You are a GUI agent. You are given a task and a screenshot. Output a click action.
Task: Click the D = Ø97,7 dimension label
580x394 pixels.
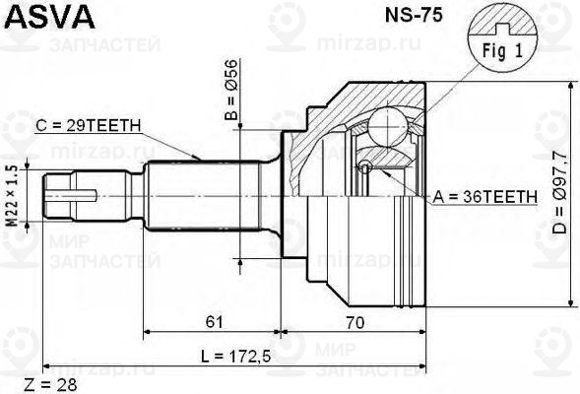(560, 198)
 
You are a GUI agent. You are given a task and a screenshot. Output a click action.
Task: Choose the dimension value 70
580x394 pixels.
(356, 321)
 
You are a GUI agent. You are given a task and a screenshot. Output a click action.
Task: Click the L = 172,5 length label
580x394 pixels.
(234, 355)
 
